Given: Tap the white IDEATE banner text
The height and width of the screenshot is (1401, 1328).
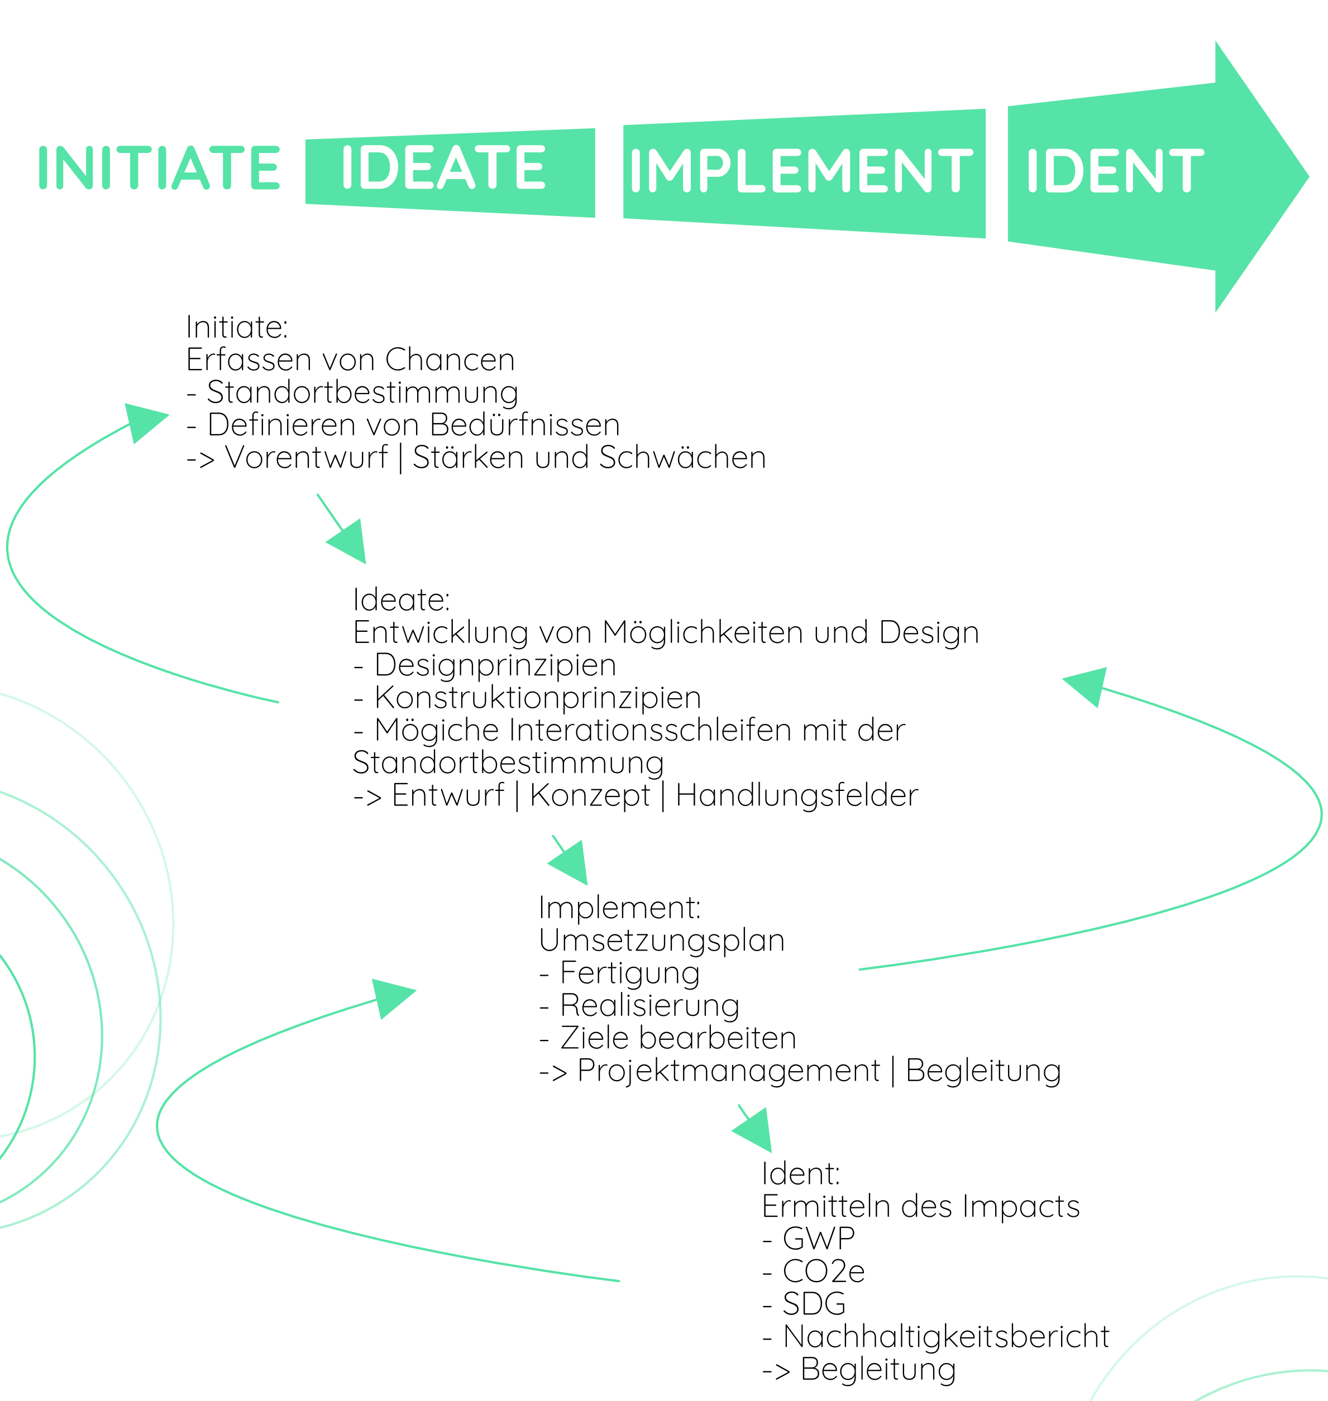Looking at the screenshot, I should coord(443,169).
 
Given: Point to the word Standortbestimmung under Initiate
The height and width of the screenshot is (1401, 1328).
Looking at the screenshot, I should coord(362,392).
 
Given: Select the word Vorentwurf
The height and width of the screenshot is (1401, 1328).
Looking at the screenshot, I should coord(307,457).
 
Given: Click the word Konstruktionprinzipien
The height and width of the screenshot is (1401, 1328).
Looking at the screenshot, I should coord(537,697).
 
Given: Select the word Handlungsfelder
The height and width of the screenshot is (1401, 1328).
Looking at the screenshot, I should coord(796,795).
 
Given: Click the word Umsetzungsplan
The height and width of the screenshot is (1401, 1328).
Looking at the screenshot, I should coord(661,941).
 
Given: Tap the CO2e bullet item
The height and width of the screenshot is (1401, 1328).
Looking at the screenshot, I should coord(823,1272).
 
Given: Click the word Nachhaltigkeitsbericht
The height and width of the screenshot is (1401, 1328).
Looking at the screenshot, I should coord(946,1337).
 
